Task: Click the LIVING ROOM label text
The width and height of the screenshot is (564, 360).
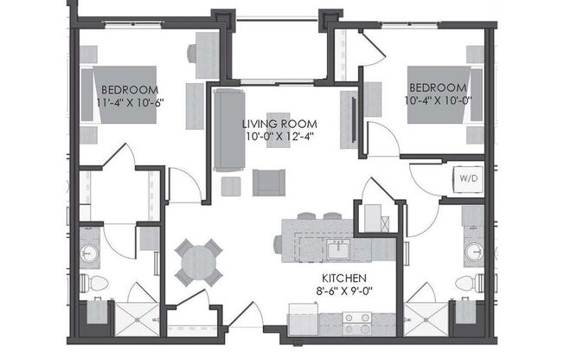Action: (x=279, y=122)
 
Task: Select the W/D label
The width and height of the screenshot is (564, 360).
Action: (x=467, y=179)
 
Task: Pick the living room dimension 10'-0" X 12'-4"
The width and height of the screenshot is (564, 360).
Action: (x=279, y=136)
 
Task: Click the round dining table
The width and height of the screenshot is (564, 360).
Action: (x=199, y=261)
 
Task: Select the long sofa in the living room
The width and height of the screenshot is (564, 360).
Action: (x=229, y=129)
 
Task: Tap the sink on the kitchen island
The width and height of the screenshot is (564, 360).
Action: (x=339, y=250)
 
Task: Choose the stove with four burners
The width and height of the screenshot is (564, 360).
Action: (x=356, y=322)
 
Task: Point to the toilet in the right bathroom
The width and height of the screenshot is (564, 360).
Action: (x=466, y=283)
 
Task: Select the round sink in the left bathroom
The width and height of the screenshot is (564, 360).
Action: (x=89, y=254)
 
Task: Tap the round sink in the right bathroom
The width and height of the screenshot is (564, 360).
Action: (x=472, y=252)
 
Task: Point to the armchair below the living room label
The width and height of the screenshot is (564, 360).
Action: (x=268, y=183)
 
